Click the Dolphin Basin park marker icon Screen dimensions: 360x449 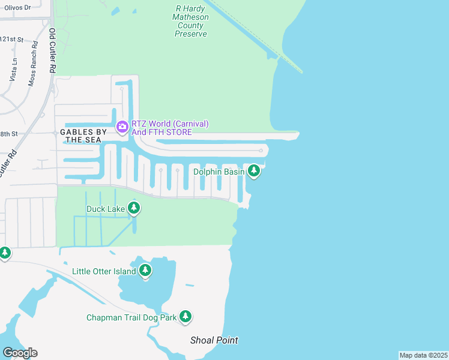pyautogui.click(x=254, y=172)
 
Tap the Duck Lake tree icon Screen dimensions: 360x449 pyautogui.click(x=134, y=208)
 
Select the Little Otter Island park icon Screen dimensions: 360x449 pyautogui.click(x=145, y=271)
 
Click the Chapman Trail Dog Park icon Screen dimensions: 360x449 pyautogui.click(x=185, y=317)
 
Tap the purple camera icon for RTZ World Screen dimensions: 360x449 pyautogui.click(x=122, y=126)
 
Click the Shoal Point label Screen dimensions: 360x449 pyautogui.click(x=214, y=340)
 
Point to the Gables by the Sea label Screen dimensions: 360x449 pyautogui.click(x=83, y=136)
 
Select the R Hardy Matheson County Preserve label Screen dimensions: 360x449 pyautogui.click(x=191, y=22)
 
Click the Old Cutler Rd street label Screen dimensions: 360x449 pyautogui.click(x=52, y=51)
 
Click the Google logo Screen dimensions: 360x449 pyautogui.click(x=19, y=353)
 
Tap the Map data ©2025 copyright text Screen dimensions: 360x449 pyautogui.click(x=423, y=355)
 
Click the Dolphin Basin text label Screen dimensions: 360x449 pyautogui.click(x=218, y=172)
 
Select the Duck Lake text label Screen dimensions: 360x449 pyautogui.click(x=106, y=209)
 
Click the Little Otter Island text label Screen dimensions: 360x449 pyautogui.click(x=104, y=271)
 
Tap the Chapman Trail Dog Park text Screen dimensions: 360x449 pyautogui.click(x=131, y=317)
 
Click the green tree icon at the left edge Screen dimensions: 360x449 pyautogui.click(x=5, y=253)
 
